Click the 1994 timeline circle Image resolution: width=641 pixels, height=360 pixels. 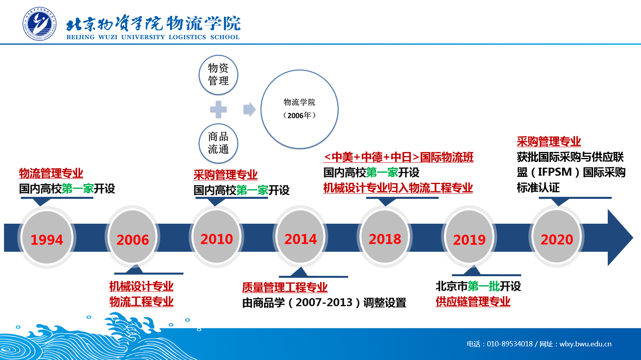pyautogui.click(x=46, y=237)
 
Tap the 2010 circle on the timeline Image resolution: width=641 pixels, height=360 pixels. pyautogui.click(x=216, y=237)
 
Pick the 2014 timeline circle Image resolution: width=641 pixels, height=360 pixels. pyautogui.click(x=300, y=237)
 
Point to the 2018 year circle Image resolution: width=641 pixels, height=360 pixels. pyautogui.click(x=385, y=237)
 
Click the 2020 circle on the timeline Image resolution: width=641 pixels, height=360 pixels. pyautogui.click(x=556, y=237)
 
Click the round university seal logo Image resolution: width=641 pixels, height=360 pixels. pyautogui.click(x=40, y=24)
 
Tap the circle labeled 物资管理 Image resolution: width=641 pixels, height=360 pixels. pyautogui.click(x=218, y=75)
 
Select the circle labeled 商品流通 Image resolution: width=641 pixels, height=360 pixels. pyautogui.click(x=218, y=143)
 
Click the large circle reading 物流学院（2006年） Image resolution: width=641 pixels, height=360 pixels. pyautogui.click(x=299, y=109)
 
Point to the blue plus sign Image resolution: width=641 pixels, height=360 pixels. pyautogui.click(x=218, y=109)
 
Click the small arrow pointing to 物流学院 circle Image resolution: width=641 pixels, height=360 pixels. pyautogui.click(x=249, y=109)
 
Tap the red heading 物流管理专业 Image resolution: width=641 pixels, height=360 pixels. pyautogui.click(x=51, y=173)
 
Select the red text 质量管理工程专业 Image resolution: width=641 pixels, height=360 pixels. pyautogui.click(x=285, y=287)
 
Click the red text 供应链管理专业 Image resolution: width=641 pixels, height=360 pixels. pyautogui.click(x=473, y=301)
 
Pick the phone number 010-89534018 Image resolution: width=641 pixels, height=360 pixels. pyautogui.click(x=510, y=344)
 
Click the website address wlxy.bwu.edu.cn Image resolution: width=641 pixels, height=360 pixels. pyautogui.click(x=585, y=344)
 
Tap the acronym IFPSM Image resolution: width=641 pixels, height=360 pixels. pyautogui.click(x=554, y=172)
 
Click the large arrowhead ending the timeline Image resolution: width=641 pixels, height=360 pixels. pyautogui.click(x=620, y=237)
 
